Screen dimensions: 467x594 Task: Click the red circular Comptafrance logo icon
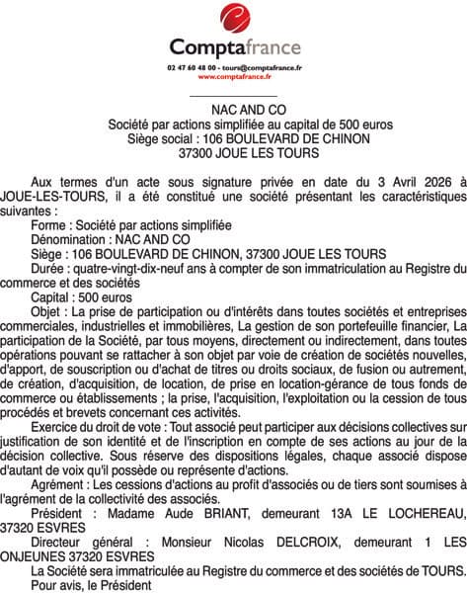[x=235, y=18]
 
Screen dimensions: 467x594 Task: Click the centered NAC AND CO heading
[x=234, y=111]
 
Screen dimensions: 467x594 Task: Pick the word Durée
[x=51, y=268]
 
